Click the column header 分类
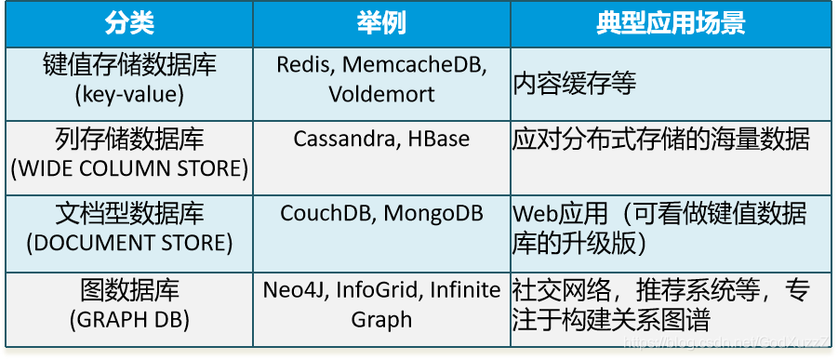[x=129, y=23]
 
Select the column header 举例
[x=381, y=23]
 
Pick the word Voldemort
[x=381, y=94]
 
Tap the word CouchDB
[x=326, y=213]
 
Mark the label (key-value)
[x=129, y=94]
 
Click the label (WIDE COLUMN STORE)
[x=129, y=168]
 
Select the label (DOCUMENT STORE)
[x=129, y=243]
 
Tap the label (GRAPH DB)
[x=129, y=319]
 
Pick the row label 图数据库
[x=129, y=289]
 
